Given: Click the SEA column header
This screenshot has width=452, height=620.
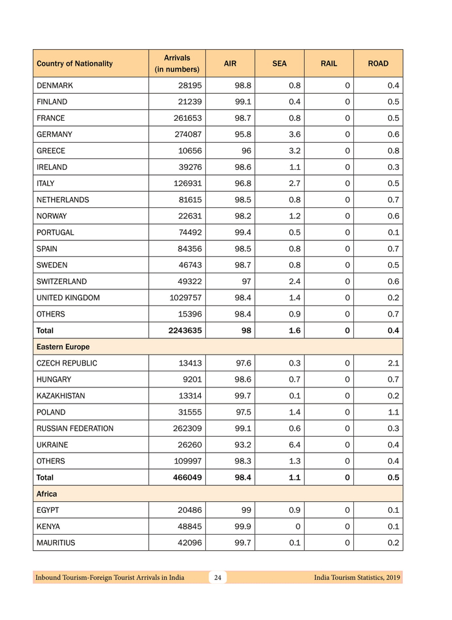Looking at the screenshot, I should [279, 64].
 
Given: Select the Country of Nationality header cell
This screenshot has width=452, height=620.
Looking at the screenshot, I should [75, 64].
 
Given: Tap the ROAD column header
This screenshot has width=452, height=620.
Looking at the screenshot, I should [378, 64].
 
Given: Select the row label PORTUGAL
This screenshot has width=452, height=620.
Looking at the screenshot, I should [56, 232].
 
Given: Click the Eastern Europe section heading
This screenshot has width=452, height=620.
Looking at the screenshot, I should [63, 347].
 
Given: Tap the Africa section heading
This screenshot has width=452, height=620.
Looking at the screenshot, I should [47, 494].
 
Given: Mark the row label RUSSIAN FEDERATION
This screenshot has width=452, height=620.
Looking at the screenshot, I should [75, 428].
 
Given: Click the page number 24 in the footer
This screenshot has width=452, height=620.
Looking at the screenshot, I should [218, 577].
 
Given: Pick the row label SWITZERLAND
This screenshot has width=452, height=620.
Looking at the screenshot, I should [61, 282].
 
